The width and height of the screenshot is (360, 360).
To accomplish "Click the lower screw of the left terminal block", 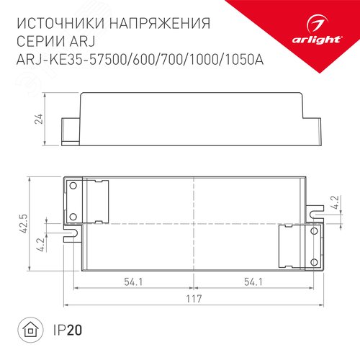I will click(72, 215).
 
